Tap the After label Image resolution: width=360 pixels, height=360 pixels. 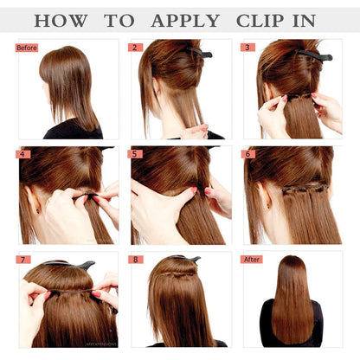point(253,259)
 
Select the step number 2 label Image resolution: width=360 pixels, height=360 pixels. point(136,48)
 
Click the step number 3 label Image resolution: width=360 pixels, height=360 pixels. point(249,48)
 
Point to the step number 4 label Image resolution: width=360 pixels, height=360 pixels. point(23,154)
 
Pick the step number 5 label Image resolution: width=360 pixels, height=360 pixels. point(136,154)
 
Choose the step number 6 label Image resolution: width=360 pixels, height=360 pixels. point(249,154)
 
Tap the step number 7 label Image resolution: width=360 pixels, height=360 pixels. point(23,259)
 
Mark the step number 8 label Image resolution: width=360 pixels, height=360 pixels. point(136,259)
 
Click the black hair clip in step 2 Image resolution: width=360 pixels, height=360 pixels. point(202,54)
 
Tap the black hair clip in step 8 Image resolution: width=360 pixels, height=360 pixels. point(184,259)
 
